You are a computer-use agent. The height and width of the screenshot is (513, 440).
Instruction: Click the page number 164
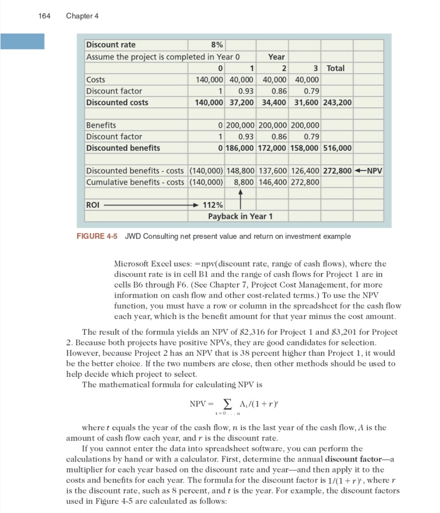44,16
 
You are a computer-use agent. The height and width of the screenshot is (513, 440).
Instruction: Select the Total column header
335,68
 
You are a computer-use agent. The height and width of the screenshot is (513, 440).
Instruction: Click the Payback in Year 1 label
240,216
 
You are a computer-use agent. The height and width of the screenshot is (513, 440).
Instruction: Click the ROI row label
92,204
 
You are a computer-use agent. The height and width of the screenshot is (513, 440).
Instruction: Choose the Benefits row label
101,125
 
